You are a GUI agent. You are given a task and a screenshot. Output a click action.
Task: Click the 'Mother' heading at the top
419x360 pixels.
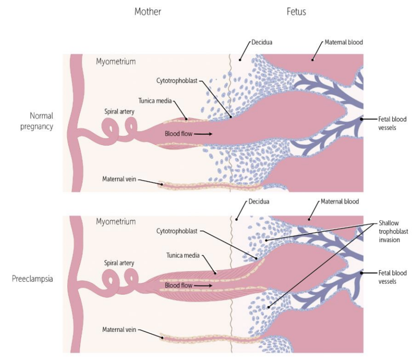(x=147, y=11)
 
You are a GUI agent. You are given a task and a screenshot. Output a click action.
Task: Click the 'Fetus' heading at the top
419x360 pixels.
(x=296, y=11)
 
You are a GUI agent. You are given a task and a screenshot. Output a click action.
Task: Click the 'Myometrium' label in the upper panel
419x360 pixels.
(x=115, y=62)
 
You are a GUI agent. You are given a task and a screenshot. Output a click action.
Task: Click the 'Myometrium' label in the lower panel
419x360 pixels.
(x=115, y=222)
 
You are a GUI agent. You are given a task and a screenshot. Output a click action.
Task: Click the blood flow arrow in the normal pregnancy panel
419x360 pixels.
(x=203, y=134)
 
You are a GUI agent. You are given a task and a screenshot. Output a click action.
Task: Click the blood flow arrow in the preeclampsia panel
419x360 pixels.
(x=203, y=286)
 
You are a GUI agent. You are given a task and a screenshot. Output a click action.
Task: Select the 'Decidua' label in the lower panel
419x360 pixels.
(x=259, y=201)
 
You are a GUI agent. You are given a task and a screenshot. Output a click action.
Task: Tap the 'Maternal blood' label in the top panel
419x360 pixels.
(x=344, y=42)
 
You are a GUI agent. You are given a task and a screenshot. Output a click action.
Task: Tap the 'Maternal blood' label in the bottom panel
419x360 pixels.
(x=339, y=201)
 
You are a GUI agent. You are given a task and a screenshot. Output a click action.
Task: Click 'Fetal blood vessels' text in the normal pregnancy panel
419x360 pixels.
(x=392, y=123)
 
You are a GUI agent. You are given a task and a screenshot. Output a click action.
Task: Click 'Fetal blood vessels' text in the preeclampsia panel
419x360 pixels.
(x=392, y=277)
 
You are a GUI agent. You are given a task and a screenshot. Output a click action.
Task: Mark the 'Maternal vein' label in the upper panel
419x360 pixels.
(x=119, y=179)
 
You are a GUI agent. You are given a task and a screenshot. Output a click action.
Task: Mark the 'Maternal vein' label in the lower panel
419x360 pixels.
(x=119, y=329)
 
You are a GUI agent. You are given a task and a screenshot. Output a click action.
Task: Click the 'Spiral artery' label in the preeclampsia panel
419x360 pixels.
(x=119, y=263)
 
